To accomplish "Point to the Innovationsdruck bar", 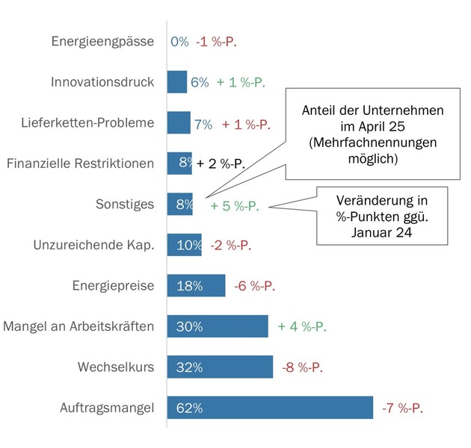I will pyautogui.click(x=176, y=82).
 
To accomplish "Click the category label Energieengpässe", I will pyautogui.click(x=103, y=42).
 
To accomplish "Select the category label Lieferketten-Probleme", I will pyautogui.click(x=98, y=123).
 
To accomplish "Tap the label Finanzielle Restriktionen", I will pyautogui.click(x=90, y=164).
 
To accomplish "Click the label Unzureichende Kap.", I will pyautogui.click(x=94, y=245).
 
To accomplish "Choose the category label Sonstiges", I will pyautogui.click(x=125, y=205).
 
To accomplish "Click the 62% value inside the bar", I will pyautogui.click(x=190, y=408).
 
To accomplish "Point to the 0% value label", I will pyautogui.click(x=179, y=42).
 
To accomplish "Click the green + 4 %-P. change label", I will pyautogui.click(x=302, y=326).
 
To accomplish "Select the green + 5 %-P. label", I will pyautogui.click(x=234, y=205).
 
